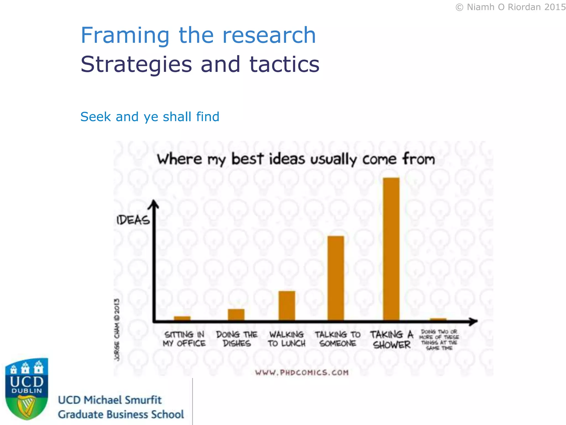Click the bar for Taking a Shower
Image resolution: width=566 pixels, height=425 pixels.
391,249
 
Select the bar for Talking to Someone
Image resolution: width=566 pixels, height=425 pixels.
336,278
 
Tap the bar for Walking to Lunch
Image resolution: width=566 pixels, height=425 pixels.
287,306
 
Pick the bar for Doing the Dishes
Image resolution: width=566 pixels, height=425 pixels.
236,315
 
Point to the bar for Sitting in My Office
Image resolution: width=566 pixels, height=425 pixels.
182,318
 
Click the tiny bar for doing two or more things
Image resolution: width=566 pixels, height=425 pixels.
438,319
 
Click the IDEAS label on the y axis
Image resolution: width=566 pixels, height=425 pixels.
133,220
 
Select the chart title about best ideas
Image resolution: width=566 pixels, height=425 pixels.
296,159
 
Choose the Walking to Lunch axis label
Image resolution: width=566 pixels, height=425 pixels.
287,339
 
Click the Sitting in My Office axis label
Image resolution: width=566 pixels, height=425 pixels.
184,339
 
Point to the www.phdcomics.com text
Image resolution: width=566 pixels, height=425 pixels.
302,372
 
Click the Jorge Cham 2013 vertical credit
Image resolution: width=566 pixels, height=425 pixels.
117,329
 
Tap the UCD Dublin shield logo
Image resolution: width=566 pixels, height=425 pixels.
27,389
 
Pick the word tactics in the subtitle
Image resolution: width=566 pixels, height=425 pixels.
284,64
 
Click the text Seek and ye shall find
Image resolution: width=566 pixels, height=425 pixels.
150,117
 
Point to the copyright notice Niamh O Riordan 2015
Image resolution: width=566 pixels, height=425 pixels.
510,7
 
